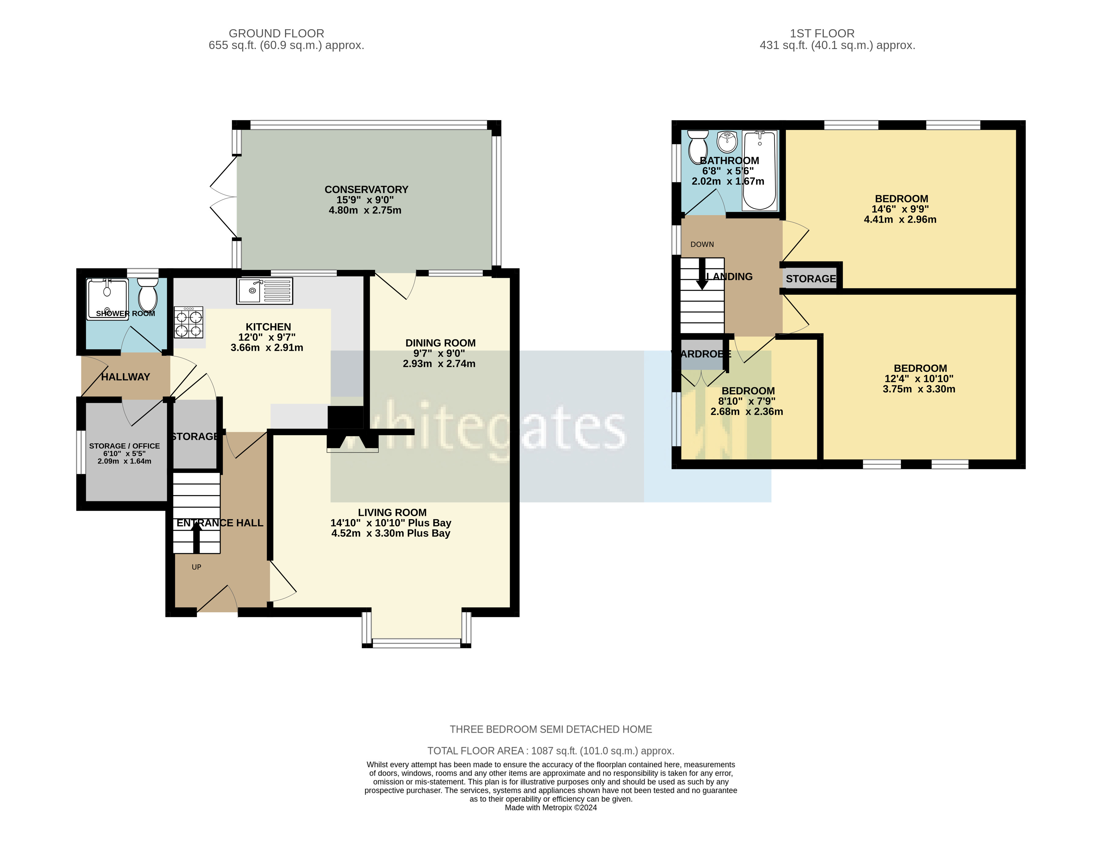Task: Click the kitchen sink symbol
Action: (x=264, y=291)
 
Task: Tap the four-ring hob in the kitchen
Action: (x=189, y=322)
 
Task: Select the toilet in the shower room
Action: (x=148, y=295)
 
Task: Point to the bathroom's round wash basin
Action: (x=727, y=141)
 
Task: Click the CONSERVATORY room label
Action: (x=366, y=189)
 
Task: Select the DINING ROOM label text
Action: (x=440, y=343)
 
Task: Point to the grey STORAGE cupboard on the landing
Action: (x=810, y=278)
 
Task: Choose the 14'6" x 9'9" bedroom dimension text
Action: (x=900, y=209)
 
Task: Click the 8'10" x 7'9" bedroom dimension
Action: (x=747, y=401)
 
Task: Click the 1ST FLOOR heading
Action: (x=822, y=33)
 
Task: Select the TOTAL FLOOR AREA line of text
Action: (x=551, y=751)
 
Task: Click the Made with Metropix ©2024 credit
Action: (x=551, y=807)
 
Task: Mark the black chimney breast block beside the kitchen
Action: (x=346, y=418)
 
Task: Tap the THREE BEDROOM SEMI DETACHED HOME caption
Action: (x=551, y=729)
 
